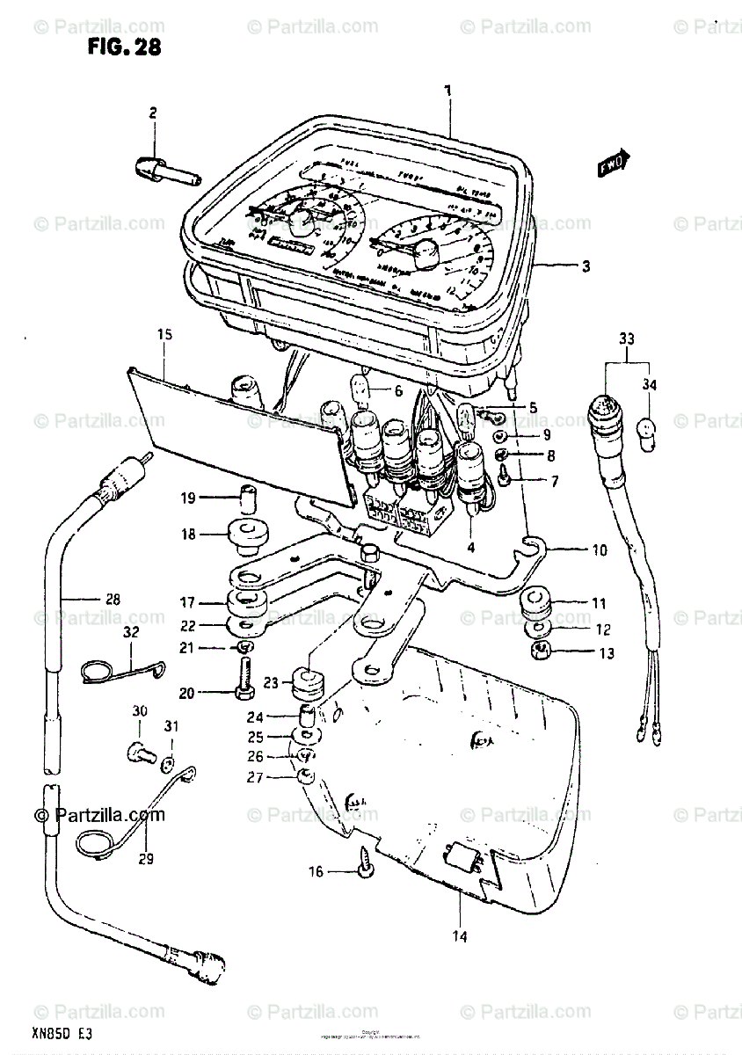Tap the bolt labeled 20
[x=242, y=693]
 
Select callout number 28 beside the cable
[x=112, y=600]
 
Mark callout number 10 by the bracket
[x=599, y=551]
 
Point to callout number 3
[x=586, y=266]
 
